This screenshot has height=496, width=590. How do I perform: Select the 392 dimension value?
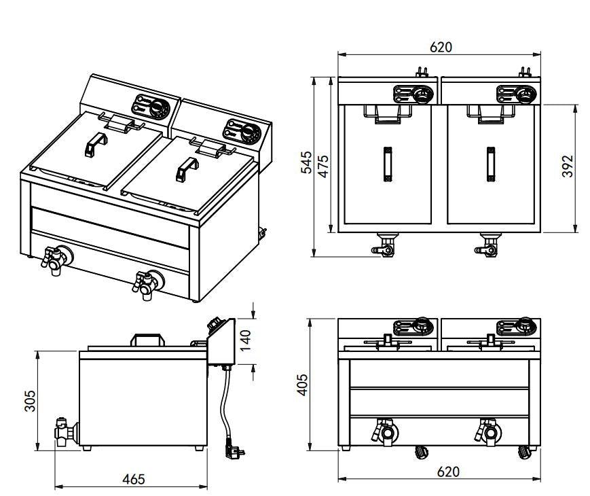pyautogui.click(x=568, y=166)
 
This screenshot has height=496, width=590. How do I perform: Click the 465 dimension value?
pyautogui.click(x=133, y=479)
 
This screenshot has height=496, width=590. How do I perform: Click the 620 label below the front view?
pyautogui.click(x=447, y=471)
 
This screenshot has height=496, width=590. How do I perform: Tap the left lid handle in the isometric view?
pyautogui.click(x=96, y=143)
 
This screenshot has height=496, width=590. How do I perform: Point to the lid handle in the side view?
pyautogui.click(x=149, y=339)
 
